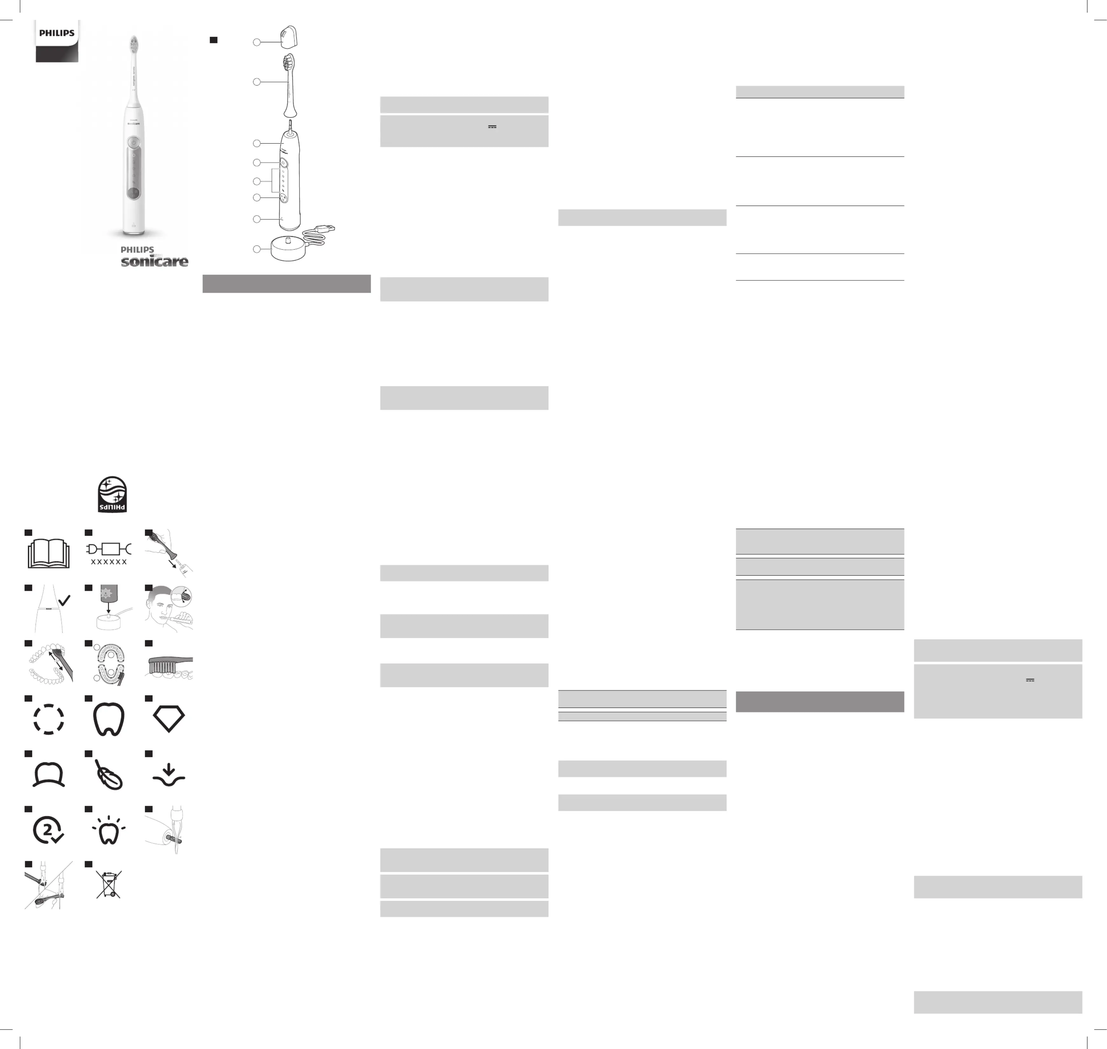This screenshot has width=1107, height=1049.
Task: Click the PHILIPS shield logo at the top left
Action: [x=57, y=41]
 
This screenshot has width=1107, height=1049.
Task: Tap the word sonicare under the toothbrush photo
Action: [x=155, y=261]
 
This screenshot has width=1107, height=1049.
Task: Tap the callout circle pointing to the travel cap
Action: [x=257, y=42]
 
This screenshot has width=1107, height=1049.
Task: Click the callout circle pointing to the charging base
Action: [x=257, y=249]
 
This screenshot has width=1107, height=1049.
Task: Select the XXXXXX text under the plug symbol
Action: [x=109, y=562]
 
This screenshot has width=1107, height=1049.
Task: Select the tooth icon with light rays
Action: [x=108, y=830]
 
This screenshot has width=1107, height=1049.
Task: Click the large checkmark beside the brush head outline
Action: [x=65, y=600]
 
